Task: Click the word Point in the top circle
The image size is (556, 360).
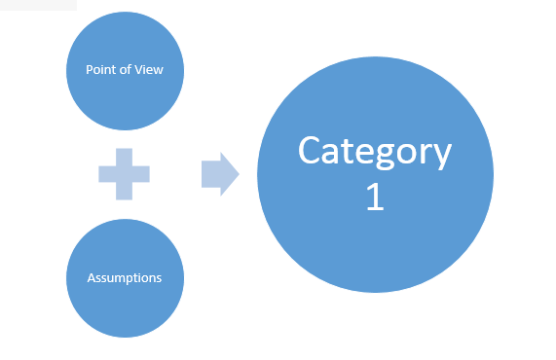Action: pyautogui.click(x=99, y=69)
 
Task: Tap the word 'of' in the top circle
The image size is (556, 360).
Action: pyautogui.click(x=126, y=69)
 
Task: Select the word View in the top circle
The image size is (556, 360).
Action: pyautogui.click(x=149, y=69)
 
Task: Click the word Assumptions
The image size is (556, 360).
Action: pyautogui.click(x=125, y=278)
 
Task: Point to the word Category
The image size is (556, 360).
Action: pyautogui.click(x=375, y=153)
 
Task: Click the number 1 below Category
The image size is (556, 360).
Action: pyautogui.click(x=375, y=197)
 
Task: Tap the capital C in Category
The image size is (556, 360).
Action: pyautogui.click(x=311, y=150)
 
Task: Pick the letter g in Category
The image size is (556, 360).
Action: pyautogui.click(x=386, y=156)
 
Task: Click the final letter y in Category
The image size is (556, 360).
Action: pyautogui.click(x=441, y=157)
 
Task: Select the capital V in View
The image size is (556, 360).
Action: pyautogui.click(x=139, y=69)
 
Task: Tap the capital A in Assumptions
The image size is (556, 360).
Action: pyautogui.click(x=92, y=278)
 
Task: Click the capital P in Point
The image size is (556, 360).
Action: pyautogui.click(x=90, y=69)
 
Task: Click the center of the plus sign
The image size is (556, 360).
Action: pyautogui.click(x=124, y=174)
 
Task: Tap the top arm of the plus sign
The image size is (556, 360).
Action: pyautogui.click(x=124, y=157)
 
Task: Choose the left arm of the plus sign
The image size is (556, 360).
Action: pyautogui.click(x=107, y=174)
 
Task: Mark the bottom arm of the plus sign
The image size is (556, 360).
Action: pyautogui.click(x=124, y=192)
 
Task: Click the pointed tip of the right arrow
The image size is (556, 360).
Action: pyautogui.click(x=240, y=174)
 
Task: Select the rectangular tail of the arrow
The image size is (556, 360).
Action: pyautogui.click(x=211, y=174)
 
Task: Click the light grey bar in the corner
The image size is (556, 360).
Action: pyautogui.click(x=38, y=5)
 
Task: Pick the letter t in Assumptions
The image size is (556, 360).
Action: pyautogui.click(x=141, y=278)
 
